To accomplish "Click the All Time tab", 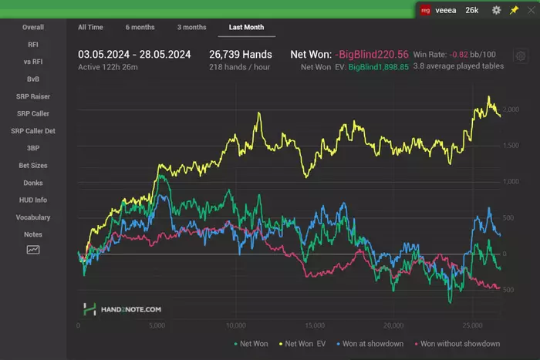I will click(90, 27).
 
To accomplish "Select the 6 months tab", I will click(140, 27).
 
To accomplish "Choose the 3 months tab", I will click(191, 27).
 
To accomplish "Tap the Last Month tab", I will click(246, 27).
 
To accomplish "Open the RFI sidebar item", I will click(33, 45).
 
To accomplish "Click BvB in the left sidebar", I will click(33, 79).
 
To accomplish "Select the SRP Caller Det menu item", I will click(33, 130).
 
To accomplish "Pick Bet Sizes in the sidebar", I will click(33, 166).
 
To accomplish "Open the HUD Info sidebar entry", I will click(33, 200).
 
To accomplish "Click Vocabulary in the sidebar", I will click(33, 217).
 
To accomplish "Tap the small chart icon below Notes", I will click(33, 250).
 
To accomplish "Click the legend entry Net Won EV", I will click(305, 344).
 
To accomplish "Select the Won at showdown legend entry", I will click(372, 344).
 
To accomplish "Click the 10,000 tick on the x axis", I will click(236, 325).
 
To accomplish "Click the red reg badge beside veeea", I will click(425, 10).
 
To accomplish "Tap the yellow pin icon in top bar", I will click(515, 10).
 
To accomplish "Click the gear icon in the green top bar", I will click(496, 10).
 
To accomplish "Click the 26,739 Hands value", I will click(240, 54).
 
